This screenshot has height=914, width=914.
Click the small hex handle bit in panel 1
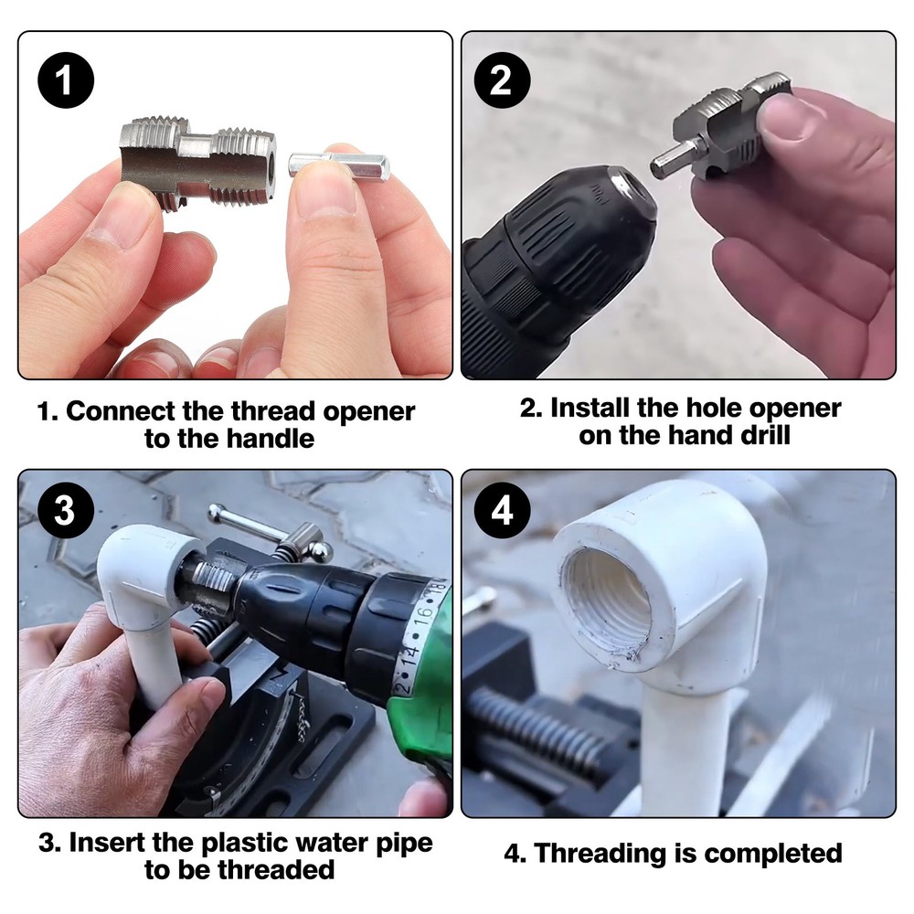click(x=339, y=165)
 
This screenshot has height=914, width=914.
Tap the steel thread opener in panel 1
click(x=197, y=159)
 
